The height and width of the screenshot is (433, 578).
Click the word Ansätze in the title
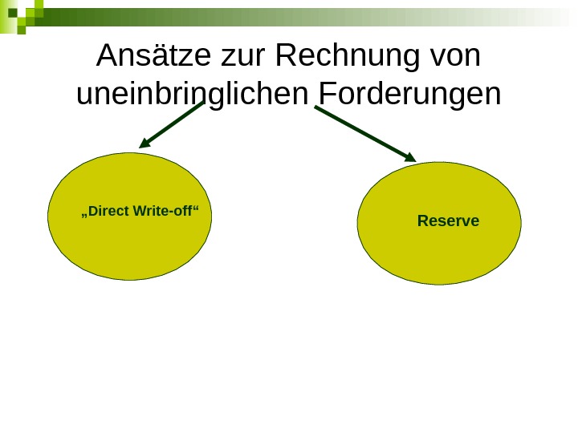tap(153, 56)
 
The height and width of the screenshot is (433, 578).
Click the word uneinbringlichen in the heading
tap(193, 95)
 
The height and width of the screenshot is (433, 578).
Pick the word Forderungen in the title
tap(410, 94)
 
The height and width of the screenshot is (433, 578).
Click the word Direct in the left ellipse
tap(108, 212)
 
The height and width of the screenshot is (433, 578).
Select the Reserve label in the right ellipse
tap(448, 221)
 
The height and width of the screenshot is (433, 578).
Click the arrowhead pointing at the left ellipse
tap(145, 144)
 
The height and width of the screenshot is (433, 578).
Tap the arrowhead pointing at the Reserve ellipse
tap(409, 157)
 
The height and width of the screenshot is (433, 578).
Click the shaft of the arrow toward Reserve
tap(361, 132)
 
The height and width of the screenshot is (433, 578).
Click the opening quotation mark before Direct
tap(84, 215)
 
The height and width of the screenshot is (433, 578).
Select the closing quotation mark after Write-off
tap(196, 208)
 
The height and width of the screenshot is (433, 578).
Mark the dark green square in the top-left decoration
tap(12, 13)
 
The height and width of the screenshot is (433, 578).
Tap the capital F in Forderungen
tap(327, 94)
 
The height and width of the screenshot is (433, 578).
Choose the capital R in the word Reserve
tap(423, 221)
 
